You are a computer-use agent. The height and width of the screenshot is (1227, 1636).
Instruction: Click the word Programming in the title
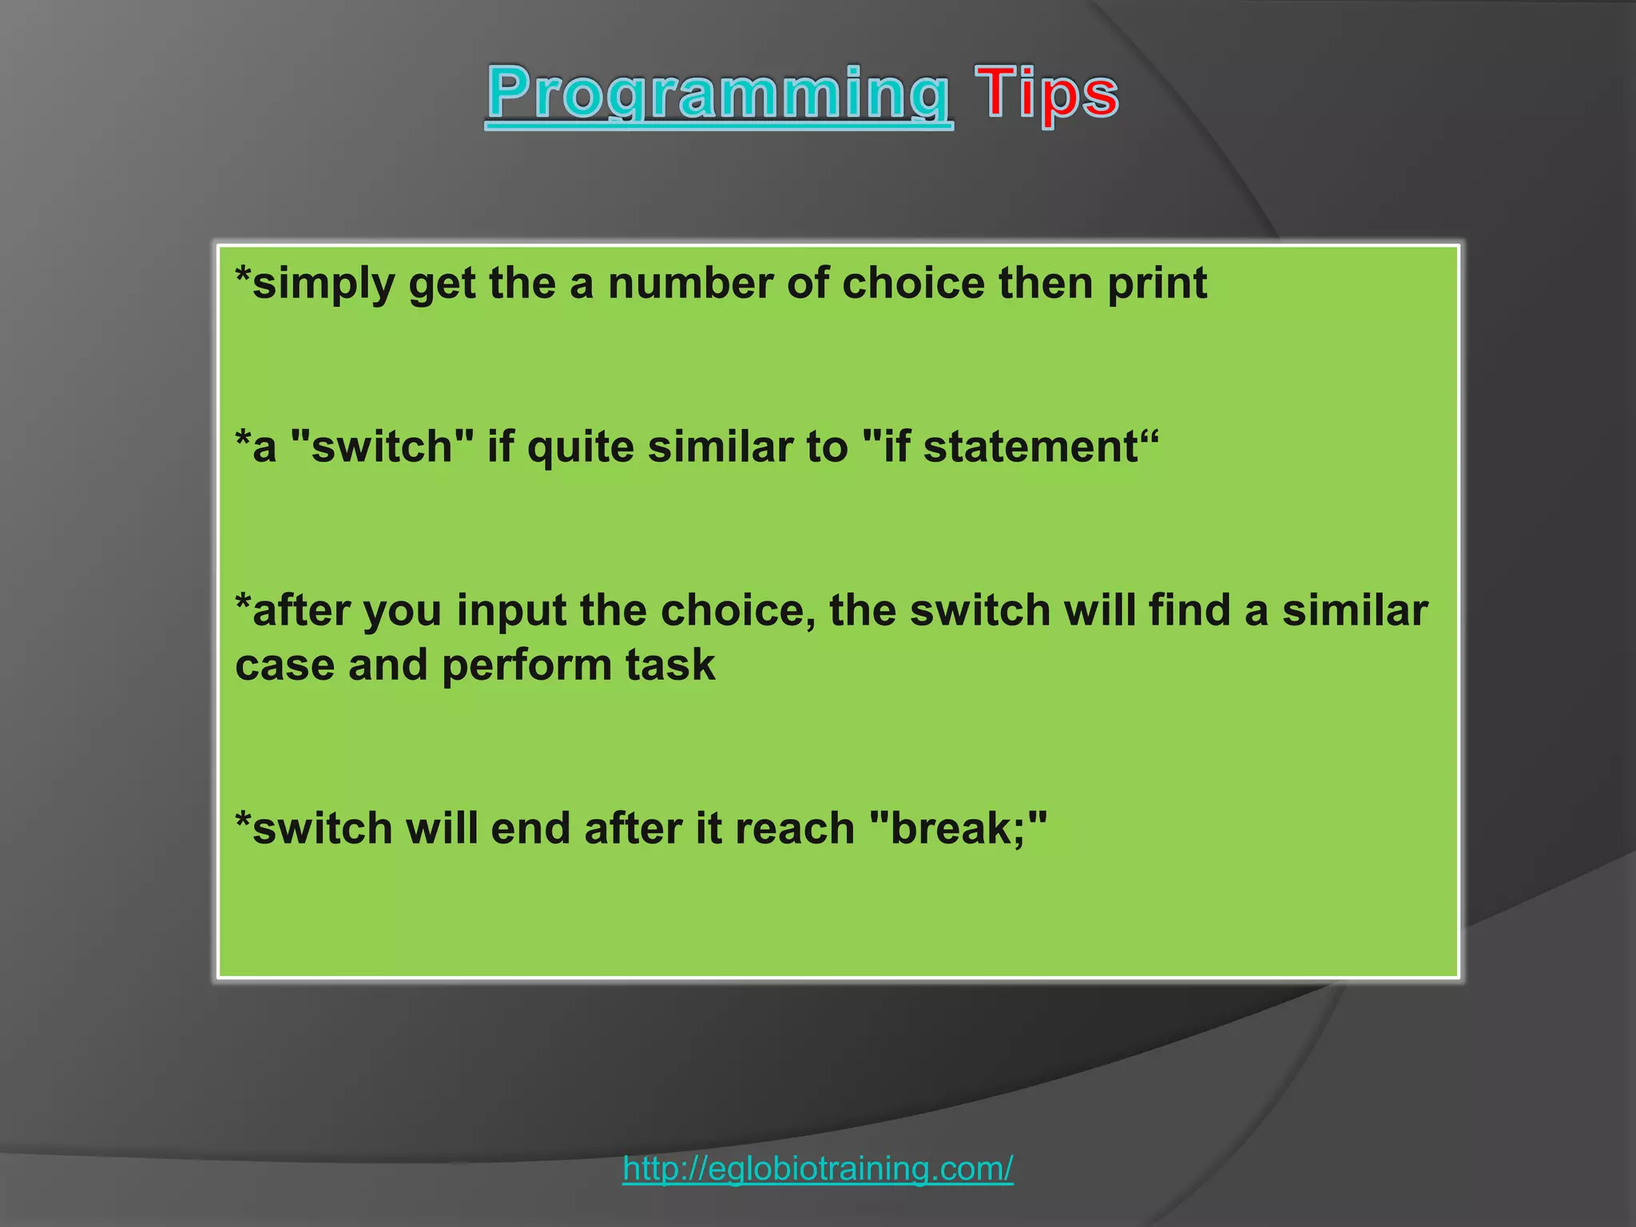point(718,94)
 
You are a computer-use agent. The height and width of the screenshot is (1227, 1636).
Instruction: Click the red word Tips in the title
point(1046,94)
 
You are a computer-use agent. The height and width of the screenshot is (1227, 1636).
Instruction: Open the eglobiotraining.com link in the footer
point(817,1169)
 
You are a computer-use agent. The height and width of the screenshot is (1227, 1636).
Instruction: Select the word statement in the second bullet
point(1030,447)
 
